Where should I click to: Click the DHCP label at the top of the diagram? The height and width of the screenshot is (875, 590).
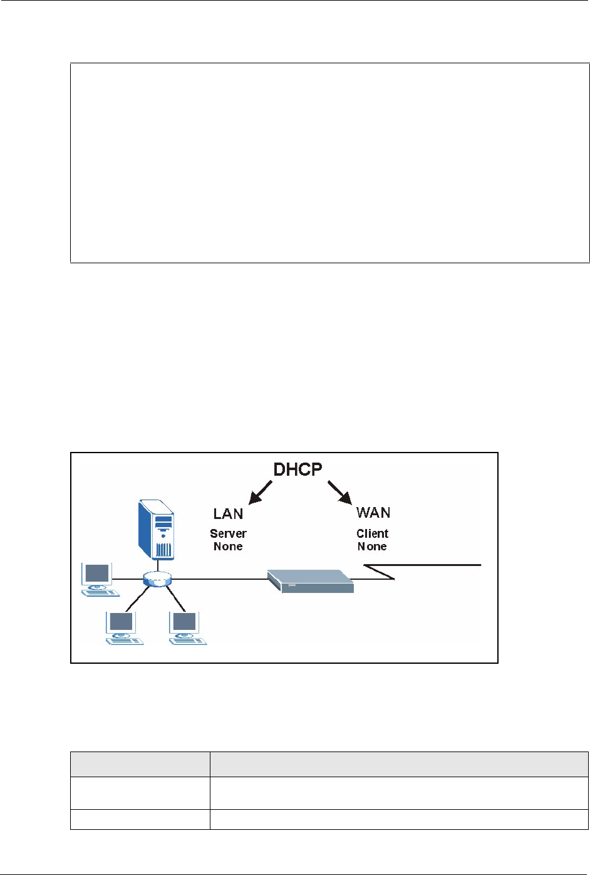(x=298, y=469)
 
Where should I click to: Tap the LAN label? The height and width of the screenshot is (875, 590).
(x=228, y=514)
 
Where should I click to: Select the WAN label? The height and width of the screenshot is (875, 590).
(x=373, y=512)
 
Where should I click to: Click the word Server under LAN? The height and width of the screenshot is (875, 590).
(x=228, y=533)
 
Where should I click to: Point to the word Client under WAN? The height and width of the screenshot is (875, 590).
(x=372, y=533)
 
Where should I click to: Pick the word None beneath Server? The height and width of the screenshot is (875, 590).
(x=228, y=546)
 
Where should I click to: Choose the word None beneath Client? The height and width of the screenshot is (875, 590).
(x=372, y=546)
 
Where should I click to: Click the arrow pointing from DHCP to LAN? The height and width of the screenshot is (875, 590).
(x=260, y=493)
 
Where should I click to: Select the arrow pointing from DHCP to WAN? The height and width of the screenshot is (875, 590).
(x=340, y=493)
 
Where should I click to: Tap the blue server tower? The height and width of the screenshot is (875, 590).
(x=157, y=529)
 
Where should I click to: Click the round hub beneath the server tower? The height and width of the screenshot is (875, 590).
(x=157, y=579)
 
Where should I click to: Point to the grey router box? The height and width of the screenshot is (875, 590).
(x=311, y=581)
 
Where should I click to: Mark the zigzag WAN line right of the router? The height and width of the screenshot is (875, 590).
(x=422, y=572)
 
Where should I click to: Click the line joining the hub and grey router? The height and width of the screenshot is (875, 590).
(x=219, y=579)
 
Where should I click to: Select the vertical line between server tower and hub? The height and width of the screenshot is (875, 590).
(x=157, y=565)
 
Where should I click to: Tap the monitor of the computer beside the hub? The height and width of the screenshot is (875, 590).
(x=97, y=574)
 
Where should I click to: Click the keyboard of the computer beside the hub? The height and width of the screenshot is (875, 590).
(x=101, y=594)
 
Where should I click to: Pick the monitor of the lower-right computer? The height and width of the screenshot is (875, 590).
(x=184, y=622)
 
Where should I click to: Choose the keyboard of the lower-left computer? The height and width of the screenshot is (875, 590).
(x=125, y=641)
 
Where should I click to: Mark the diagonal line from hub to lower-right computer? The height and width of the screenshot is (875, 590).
(x=175, y=599)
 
